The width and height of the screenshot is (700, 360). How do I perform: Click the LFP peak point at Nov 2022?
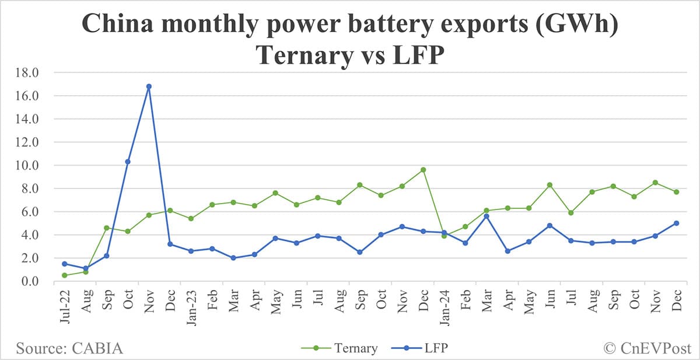pyautogui.click(x=149, y=86)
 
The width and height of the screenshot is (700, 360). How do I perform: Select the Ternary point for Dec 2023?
pyautogui.click(x=423, y=170)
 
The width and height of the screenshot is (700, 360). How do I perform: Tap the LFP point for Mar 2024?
pyautogui.click(x=486, y=216)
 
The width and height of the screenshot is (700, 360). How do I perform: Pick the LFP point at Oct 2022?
pyautogui.click(x=128, y=162)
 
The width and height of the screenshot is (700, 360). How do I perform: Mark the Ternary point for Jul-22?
pyautogui.click(x=64, y=275)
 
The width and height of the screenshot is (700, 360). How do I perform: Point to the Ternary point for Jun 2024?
pyautogui.click(x=549, y=185)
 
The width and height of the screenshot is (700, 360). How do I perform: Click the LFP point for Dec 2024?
pyautogui.click(x=676, y=223)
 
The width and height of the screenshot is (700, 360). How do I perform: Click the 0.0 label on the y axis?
pyautogui.click(x=30, y=281)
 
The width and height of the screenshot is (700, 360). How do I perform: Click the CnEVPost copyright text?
pyautogui.click(x=645, y=348)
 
